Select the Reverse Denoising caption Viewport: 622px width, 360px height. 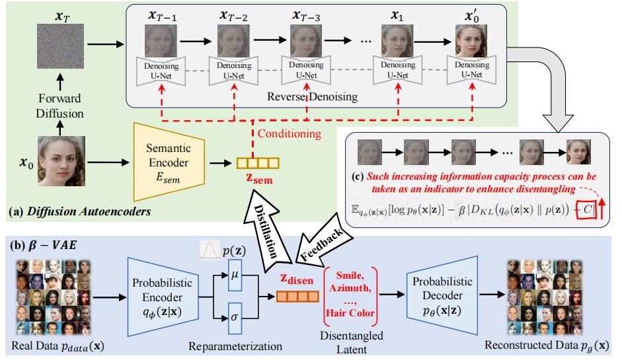coord(313,96)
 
